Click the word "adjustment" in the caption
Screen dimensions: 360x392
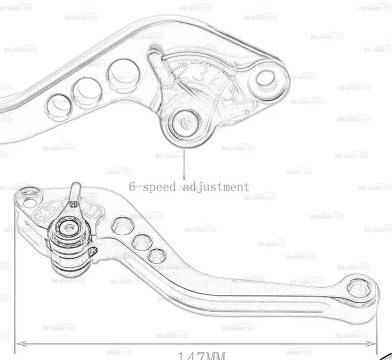216,186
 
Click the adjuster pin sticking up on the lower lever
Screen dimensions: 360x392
75,193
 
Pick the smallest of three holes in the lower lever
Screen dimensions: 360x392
156,257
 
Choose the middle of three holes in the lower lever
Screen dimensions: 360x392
141,243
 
